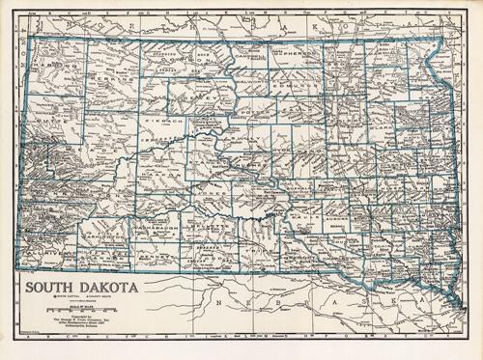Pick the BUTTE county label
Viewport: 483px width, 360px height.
(53, 124)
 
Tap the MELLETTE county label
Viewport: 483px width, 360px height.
(211, 233)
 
